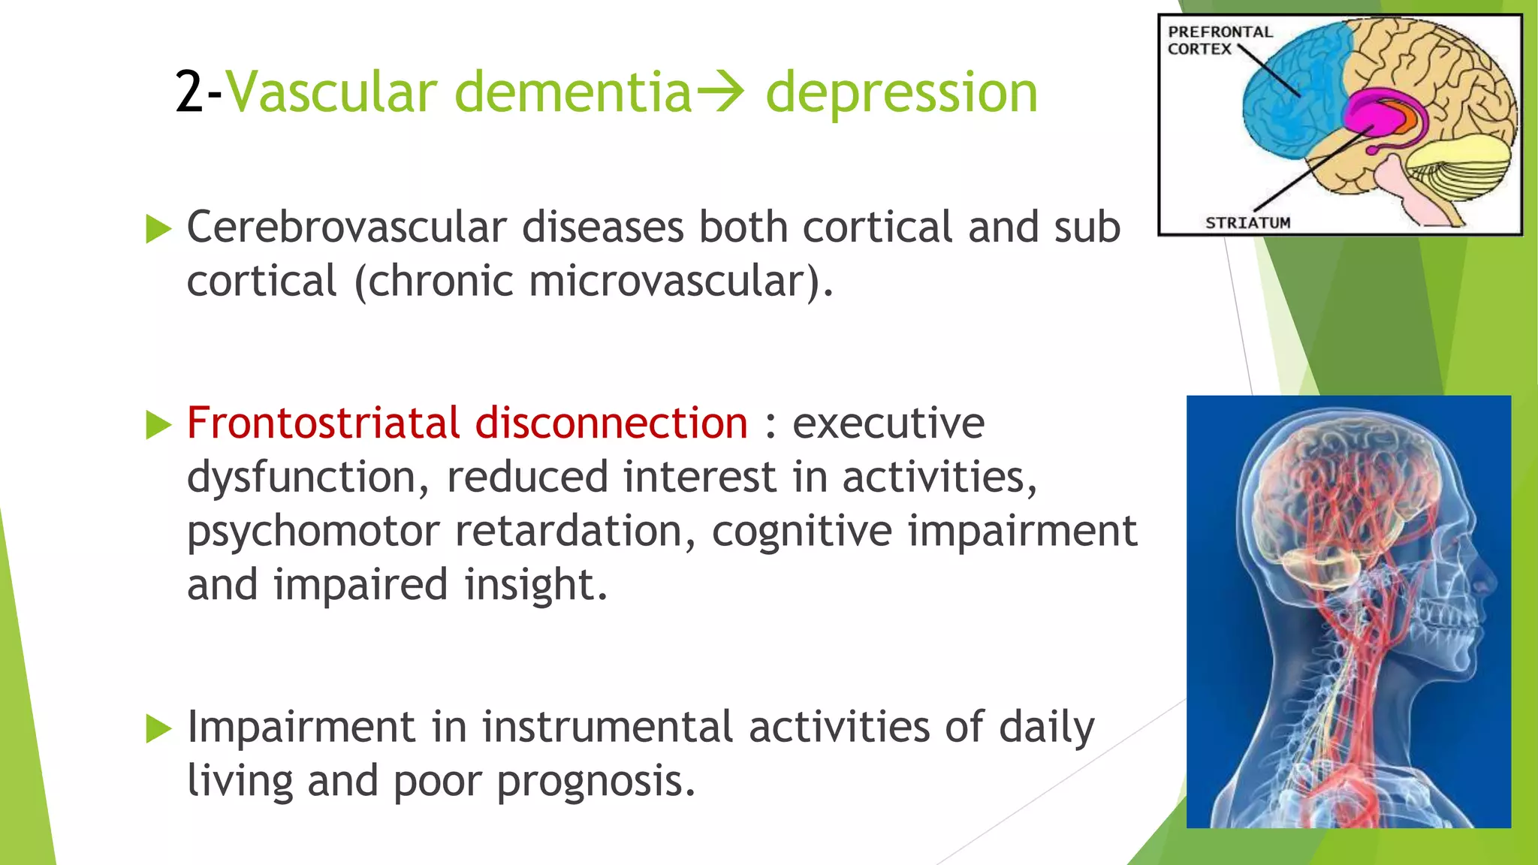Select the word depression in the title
[901, 93]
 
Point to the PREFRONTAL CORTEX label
[1219, 40]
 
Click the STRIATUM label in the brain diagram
[1247, 222]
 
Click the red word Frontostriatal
[323, 423]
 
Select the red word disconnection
[611, 423]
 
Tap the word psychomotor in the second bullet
[312, 532]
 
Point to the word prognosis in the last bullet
[596, 781]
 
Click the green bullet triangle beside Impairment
[158, 728]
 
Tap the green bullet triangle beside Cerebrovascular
[158, 228]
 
